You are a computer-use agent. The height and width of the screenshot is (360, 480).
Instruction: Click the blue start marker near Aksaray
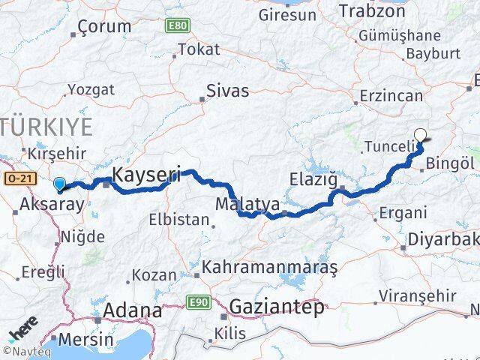click(x=59, y=182)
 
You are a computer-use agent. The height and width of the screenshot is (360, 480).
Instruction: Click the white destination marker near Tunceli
click(x=421, y=136)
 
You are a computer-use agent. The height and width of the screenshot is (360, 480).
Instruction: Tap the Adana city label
click(x=131, y=310)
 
